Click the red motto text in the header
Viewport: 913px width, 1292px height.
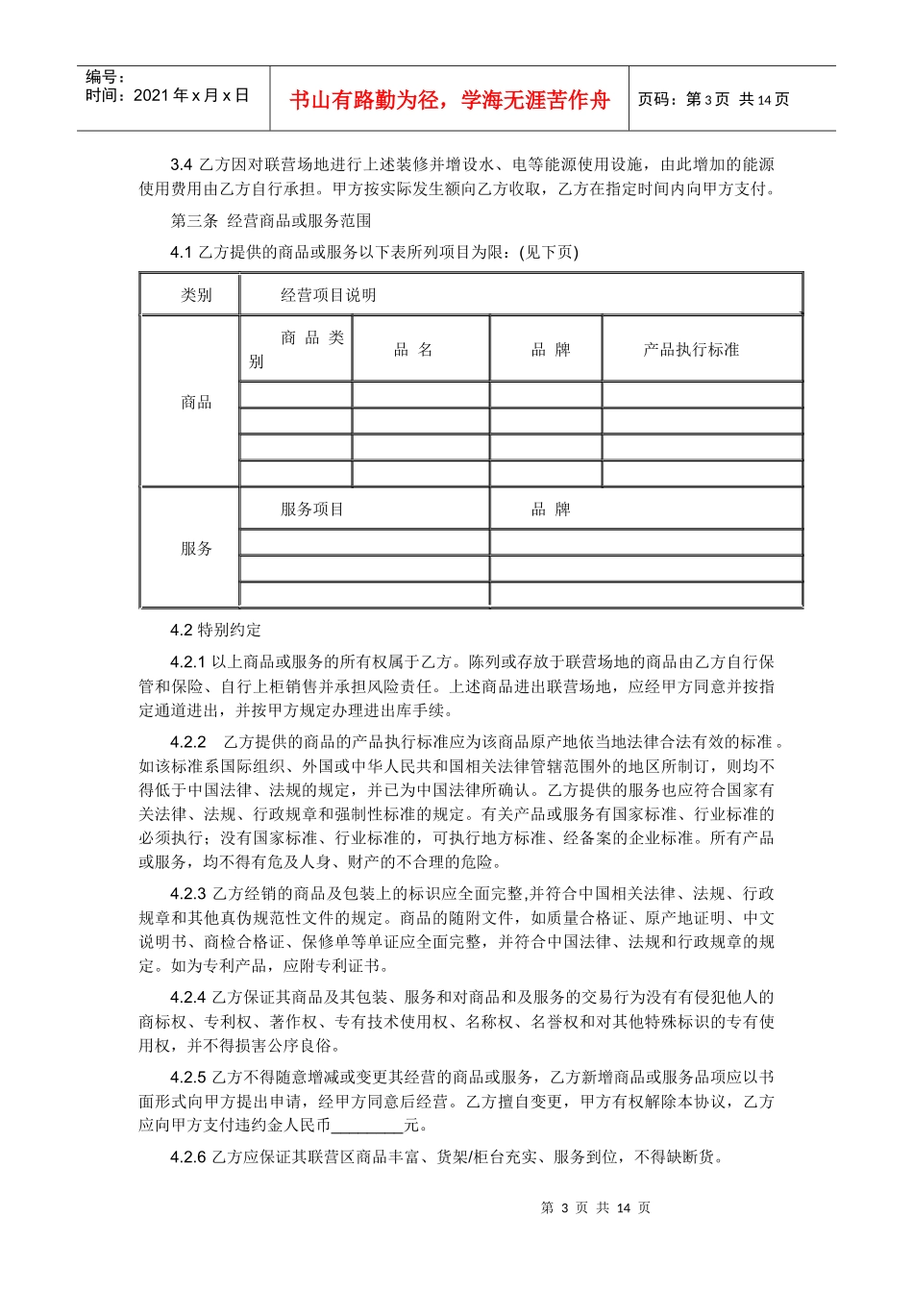tap(449, 100)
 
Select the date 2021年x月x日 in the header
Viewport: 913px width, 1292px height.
tap(190, 95)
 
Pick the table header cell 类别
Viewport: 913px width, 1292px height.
tap(196, 295)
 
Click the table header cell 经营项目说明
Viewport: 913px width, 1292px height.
tap(328, 295)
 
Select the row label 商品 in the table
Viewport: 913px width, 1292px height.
tap(196, 402)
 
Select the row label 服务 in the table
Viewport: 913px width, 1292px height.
tap(196, 548)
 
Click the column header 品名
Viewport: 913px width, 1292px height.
tap(413, 350)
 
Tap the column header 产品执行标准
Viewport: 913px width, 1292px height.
tap(691, 350)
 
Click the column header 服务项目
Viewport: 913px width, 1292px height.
tap(311, 509)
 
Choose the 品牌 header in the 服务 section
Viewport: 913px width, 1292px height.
tap(551, 509)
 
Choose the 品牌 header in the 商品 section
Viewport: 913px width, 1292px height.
tap(551, 350)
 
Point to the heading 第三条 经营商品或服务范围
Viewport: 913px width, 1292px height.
tap(271, 220)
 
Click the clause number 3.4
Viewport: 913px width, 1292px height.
tap(182, 164)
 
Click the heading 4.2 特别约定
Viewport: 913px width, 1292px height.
tap(215, 630)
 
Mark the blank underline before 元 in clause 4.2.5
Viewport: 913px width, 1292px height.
tap(367, 1126)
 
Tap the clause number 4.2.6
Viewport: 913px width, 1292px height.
tap(188, 1156)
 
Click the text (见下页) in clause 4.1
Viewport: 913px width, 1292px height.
tap(549, 252)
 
